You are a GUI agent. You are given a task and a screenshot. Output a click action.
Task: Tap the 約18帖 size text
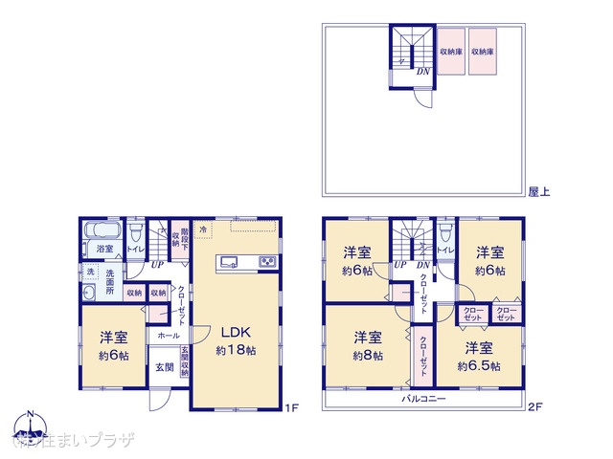pos(236,351)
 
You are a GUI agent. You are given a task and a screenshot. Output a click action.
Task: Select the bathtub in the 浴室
pos(101,230)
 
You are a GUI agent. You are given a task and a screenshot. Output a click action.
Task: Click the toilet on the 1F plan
pos(135,234)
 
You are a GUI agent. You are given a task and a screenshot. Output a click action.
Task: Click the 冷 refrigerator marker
pos(203,229)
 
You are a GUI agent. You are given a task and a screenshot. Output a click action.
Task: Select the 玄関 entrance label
pos(165,367)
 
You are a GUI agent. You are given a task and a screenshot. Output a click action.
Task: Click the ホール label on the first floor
pos(168,337)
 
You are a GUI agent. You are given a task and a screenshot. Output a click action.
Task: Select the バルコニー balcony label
pos(423,397)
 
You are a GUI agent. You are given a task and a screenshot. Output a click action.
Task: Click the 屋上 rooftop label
pos(538,191)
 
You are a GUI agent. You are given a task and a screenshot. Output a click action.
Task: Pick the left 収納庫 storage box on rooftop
pos(452,52)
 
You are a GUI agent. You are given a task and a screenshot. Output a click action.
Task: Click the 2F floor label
pos(536,407)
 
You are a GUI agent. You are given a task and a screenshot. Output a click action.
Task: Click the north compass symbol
pos(30,426)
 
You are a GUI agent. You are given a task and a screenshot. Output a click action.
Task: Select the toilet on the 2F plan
pos(445,234)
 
